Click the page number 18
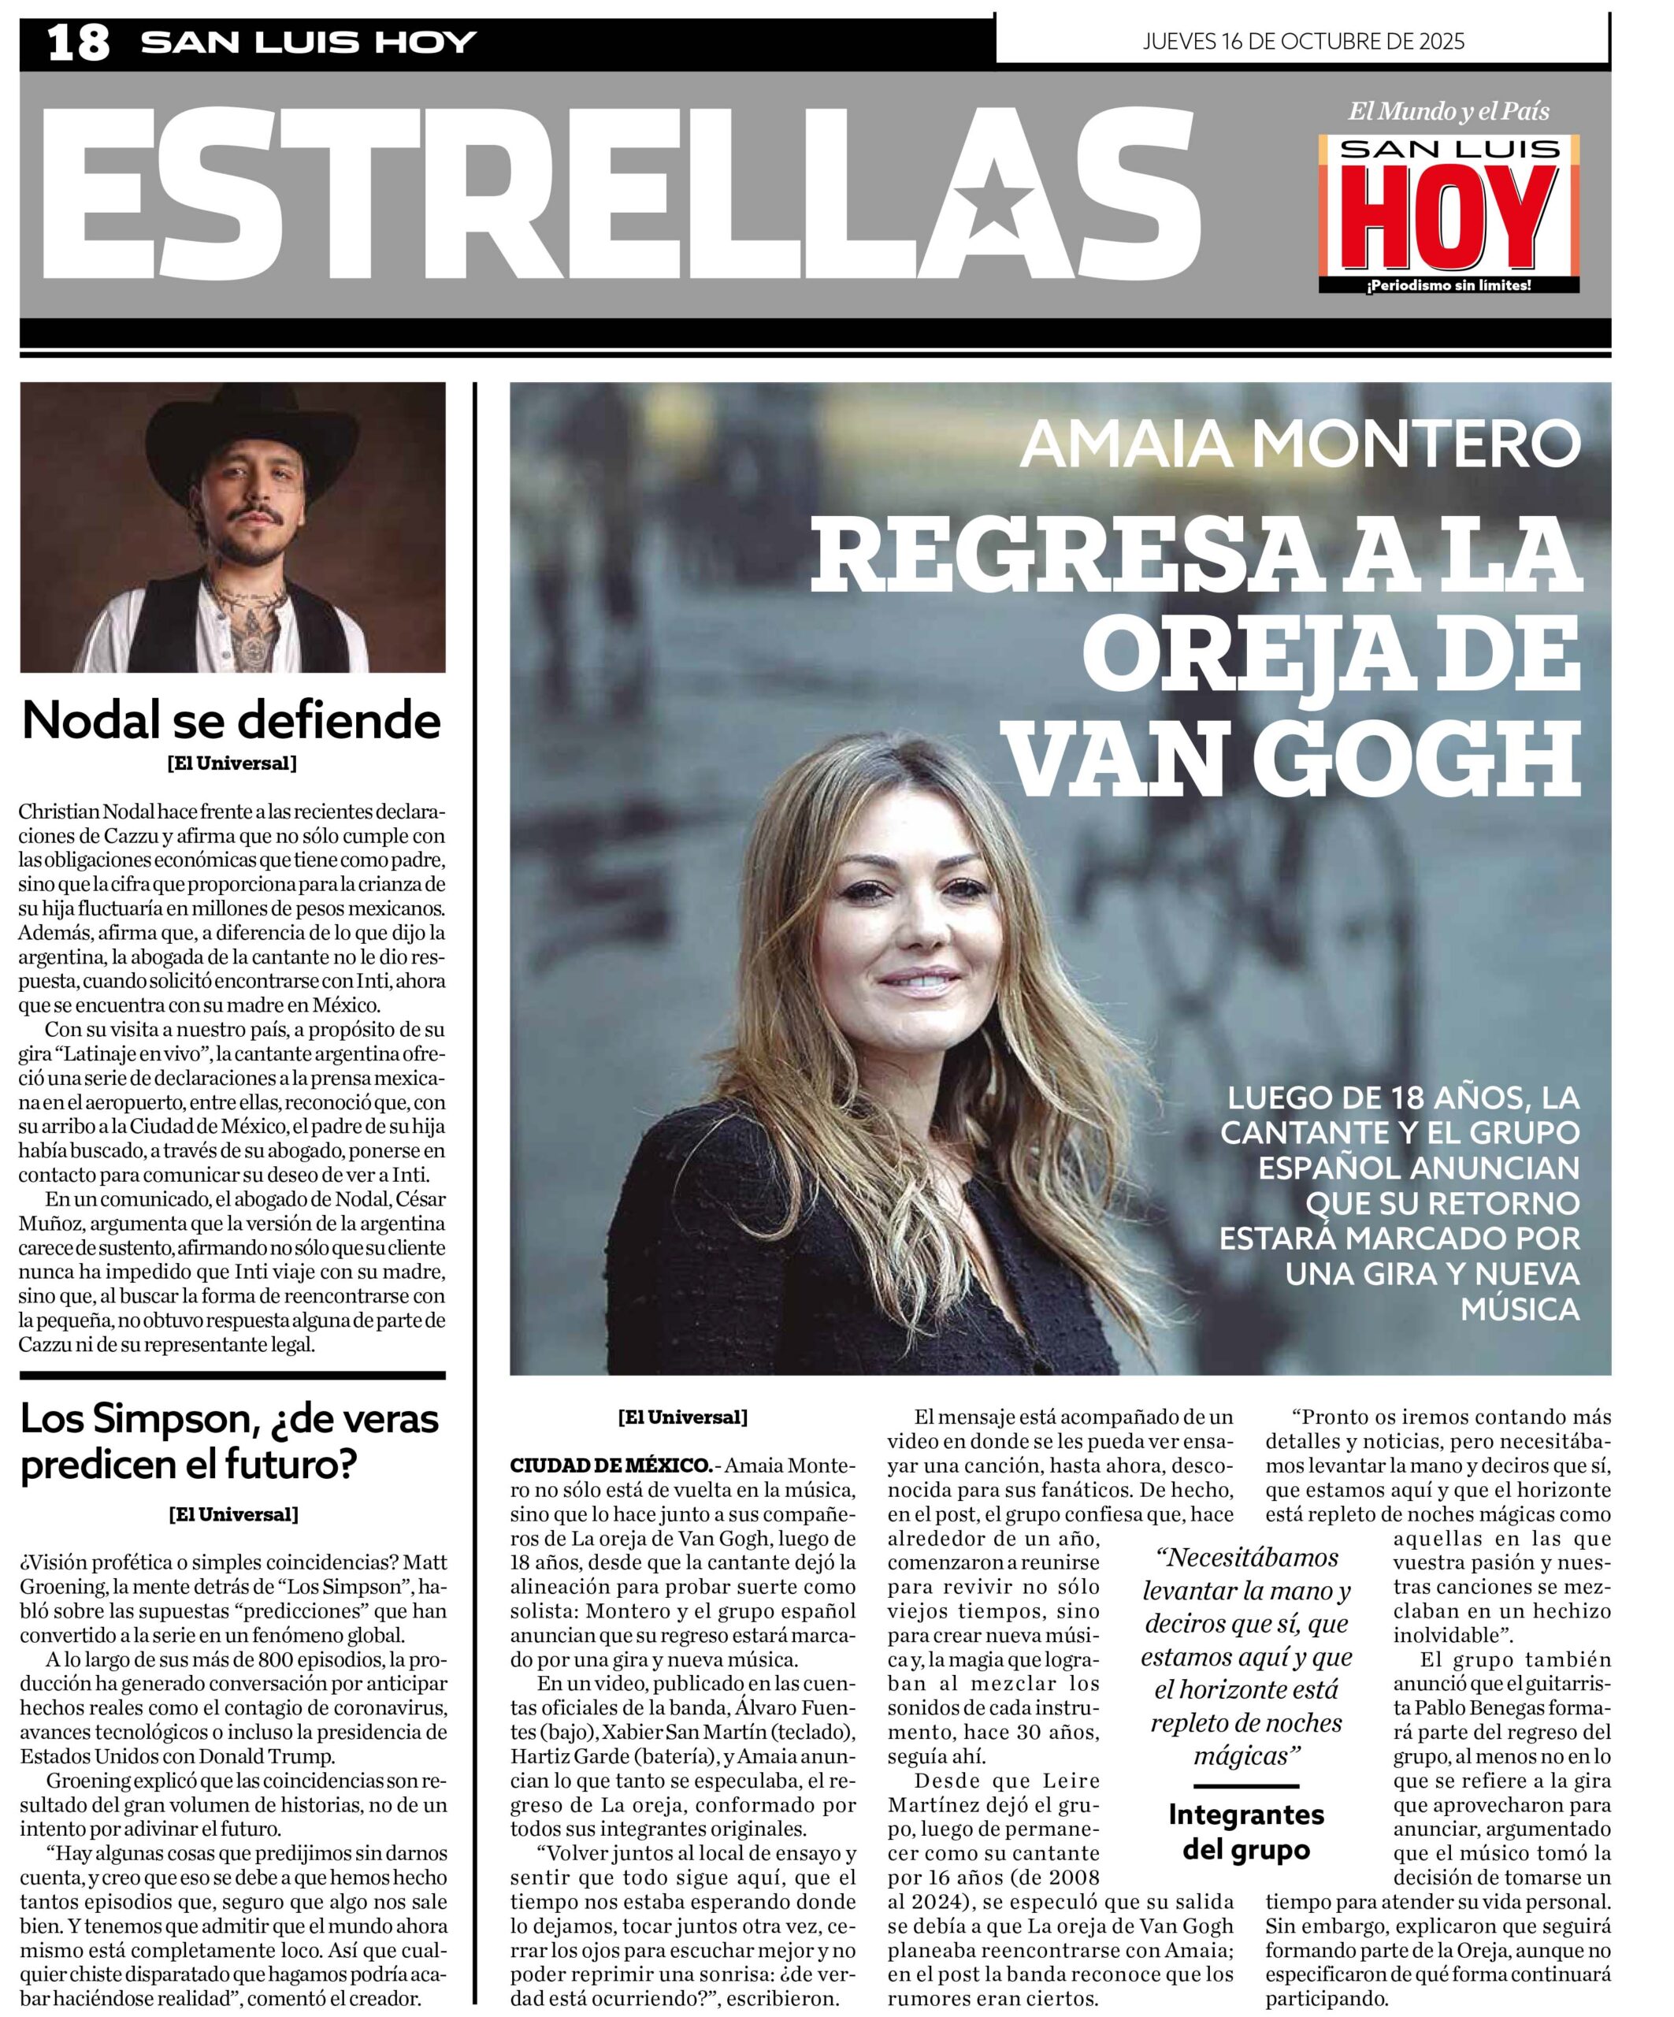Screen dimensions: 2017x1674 (x=79, y=43)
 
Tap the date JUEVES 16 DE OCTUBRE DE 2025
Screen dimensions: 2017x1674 (x=1303, y=40)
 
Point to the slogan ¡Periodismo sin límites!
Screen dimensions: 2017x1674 (x=1448, y=285)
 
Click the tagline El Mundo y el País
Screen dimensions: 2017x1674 (x=1448, y=111)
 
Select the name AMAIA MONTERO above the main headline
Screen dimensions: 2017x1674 (x=1300, y=443)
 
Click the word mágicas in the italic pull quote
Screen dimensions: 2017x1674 (x=1245, y=1755)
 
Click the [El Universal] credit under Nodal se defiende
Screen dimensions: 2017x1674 (x=232, y=763)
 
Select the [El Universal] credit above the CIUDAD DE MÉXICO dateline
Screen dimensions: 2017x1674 (x=682, y=1417)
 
